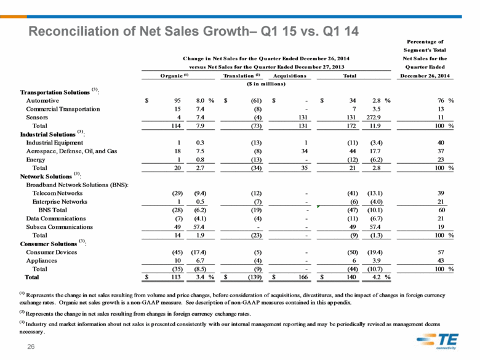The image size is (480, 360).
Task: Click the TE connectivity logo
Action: click(x=438, y=341)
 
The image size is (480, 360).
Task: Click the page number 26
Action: click(x=31, y=346)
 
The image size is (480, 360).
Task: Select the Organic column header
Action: click(x=175, y=76)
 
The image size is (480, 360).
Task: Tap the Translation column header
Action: click(x=241, y=76)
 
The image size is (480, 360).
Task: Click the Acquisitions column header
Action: click(x=290, y=76)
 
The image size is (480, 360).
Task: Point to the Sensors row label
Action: click(x=37, y=118)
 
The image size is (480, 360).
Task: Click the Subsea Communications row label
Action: click(x=60, y=227)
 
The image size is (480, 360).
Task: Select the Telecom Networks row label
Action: click(x=58, y=193)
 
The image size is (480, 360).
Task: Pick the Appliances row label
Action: click(x=42, y=260)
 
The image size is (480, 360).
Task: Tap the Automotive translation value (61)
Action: click(x=256, y=100)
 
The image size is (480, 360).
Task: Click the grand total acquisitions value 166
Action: click(x=303, y=277)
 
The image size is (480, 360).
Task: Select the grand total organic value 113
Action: click(x=176, y=277)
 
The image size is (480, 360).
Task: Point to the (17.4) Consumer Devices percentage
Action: click(x=199, y=252)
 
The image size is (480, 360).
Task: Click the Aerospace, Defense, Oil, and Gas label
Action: click(x=71, y=151)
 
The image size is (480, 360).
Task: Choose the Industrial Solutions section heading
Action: click(x=48, y=134)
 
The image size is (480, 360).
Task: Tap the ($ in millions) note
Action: click(x=266, y=84)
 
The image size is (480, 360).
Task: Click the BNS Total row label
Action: click(x=53, y=210)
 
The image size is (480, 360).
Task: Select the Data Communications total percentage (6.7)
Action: click(x=375, y=218)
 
